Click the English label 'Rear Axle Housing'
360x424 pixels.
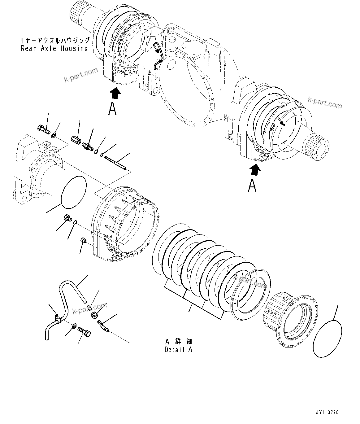point(54,48)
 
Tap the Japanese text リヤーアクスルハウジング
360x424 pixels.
point(55,41)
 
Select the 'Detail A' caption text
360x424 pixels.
point(178,350)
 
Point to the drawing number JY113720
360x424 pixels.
point(327,413)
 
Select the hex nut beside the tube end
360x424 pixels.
point(94,315)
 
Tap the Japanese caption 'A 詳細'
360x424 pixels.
point(178,342)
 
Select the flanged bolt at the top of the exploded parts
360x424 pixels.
point(43,129)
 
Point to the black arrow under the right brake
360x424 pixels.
point(255,169)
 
